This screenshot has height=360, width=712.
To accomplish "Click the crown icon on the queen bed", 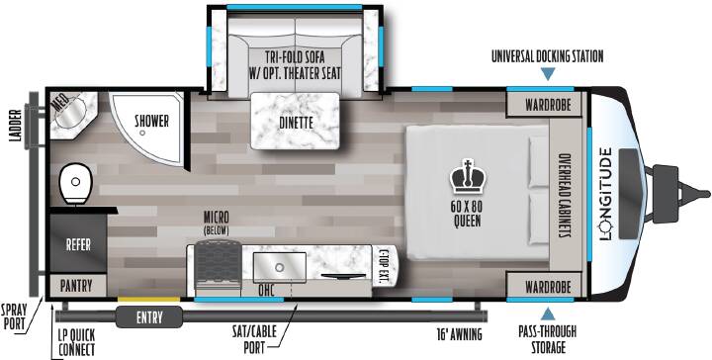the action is point(468,177).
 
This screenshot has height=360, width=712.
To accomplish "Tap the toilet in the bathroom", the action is point(76,183).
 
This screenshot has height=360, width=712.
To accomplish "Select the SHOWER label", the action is point(151,122).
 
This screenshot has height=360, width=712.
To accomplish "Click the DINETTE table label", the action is point(296,123).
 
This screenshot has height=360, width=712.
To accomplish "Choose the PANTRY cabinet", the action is point(77,286).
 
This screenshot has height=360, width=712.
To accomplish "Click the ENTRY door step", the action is point(149,316).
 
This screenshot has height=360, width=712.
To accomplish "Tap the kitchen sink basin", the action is point(279,267).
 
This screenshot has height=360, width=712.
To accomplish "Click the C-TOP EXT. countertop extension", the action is point(385,266).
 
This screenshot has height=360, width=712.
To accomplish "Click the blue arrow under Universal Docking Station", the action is point(548,74).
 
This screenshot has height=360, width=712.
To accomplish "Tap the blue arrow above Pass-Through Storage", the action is point(548,314).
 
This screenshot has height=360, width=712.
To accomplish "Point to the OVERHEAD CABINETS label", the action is point(565,195).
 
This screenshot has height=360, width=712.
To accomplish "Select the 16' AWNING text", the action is point(458,335).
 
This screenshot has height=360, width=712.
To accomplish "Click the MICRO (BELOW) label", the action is point(217,223).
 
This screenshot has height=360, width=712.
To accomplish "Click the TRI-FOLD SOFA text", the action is point(295,57).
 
